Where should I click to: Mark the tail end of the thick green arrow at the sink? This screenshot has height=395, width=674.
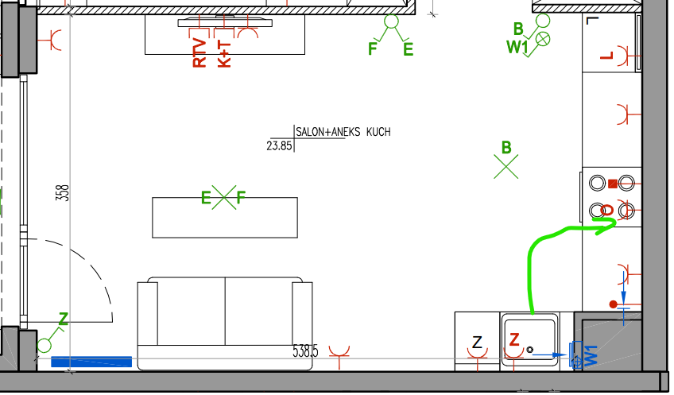(x=533, y=313)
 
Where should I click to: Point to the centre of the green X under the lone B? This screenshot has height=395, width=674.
(x=506, y=166)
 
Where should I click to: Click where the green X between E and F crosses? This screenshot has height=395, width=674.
(x=224, y=197)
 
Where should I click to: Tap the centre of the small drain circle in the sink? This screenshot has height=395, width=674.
(x=529, y=350)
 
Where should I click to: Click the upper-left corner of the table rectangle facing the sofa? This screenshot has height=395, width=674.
(x=153, y=198)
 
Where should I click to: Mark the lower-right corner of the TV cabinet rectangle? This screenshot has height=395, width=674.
(x=304, y=54)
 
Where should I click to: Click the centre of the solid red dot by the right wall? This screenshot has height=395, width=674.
(x=614, y=304)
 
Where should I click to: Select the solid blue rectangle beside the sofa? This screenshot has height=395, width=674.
(x=91, y=362)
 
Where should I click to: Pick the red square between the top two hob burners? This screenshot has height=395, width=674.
(x=613, y=184)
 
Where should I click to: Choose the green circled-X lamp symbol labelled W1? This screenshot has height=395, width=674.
(x=544, y=39)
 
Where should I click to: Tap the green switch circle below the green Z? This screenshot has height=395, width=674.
(x=45, y=345)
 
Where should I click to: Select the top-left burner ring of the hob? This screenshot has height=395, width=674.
(x=597, y=183)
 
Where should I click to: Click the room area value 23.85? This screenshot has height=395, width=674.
(x=280, y=145)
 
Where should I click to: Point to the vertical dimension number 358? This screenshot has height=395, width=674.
(x=62, y=193)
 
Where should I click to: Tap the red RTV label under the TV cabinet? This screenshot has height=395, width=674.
(x=199, y=52)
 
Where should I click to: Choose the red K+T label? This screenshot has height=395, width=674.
(x=224, y=54)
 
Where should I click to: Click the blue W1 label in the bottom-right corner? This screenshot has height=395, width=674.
(x=591, y=355)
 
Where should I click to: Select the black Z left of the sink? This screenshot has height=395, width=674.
(x=477, y=343)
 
